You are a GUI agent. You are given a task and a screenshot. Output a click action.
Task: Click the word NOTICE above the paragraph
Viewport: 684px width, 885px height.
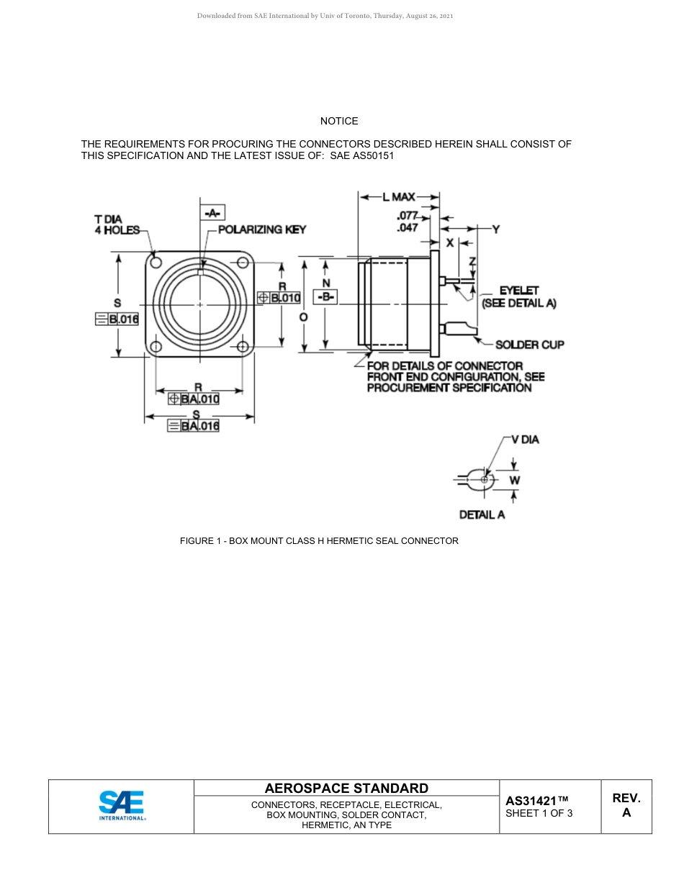pyautogui.click(x=339, y=121)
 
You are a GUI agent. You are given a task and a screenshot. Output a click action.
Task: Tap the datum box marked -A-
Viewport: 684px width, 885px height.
pyautogui.click(x=212, y=212)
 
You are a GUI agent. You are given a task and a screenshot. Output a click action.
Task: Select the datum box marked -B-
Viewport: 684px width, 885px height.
pyautogui.click(x=326, y=297)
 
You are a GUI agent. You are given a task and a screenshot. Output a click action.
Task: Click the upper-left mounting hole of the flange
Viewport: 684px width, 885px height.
pyautogui.click(x=154, y=261)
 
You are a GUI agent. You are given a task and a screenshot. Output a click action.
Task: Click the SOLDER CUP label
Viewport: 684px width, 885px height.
pyautogui.click(x=529, y=345)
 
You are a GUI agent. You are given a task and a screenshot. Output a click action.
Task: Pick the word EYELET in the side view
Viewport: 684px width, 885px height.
pyautogui.click(x=519, y=291)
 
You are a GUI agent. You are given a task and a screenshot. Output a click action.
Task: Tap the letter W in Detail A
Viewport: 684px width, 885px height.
pyautogui.click(x=514, y=479)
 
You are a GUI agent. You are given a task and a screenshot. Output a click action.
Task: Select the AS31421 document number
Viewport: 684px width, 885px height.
pyautogui.click(x=536, y=801)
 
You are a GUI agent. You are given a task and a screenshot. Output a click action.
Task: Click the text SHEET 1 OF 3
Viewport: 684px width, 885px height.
pyautogui.click(x=539, y=814)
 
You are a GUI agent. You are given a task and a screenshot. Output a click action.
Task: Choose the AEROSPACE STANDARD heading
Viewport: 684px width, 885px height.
pyautogui.click(x=346, y=789)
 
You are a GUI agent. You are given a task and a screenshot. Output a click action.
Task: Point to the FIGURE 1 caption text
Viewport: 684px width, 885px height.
pyautogui.click(x=319, y=540)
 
